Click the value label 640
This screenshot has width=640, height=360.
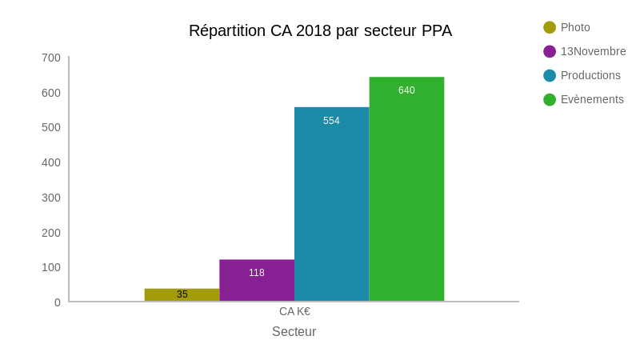click(x=406, y=90)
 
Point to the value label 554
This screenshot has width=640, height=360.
click(x=331, y=121)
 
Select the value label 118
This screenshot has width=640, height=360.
click(x=257, y=273)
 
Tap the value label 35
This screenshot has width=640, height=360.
click(x=182, y=294)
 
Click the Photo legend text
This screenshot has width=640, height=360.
click(x=575, y=27)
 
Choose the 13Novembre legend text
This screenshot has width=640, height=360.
click(x=593, y=51)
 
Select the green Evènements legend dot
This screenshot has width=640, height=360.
click(x=550, y=99)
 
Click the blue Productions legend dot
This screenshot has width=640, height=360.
click(x=550, y=75)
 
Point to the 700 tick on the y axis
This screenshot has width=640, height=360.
click(x=51, y=58)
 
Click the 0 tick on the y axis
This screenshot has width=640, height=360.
click(x=58, y=302)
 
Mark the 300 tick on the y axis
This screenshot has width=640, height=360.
click(x=51, y=198)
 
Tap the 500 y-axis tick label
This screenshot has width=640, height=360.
click(x=51, y=127)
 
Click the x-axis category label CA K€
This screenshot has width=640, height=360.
click(x=294, y=311)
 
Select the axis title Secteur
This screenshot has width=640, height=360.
click(x=294, y=331)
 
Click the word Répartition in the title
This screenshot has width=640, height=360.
click(x=227, y=30)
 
